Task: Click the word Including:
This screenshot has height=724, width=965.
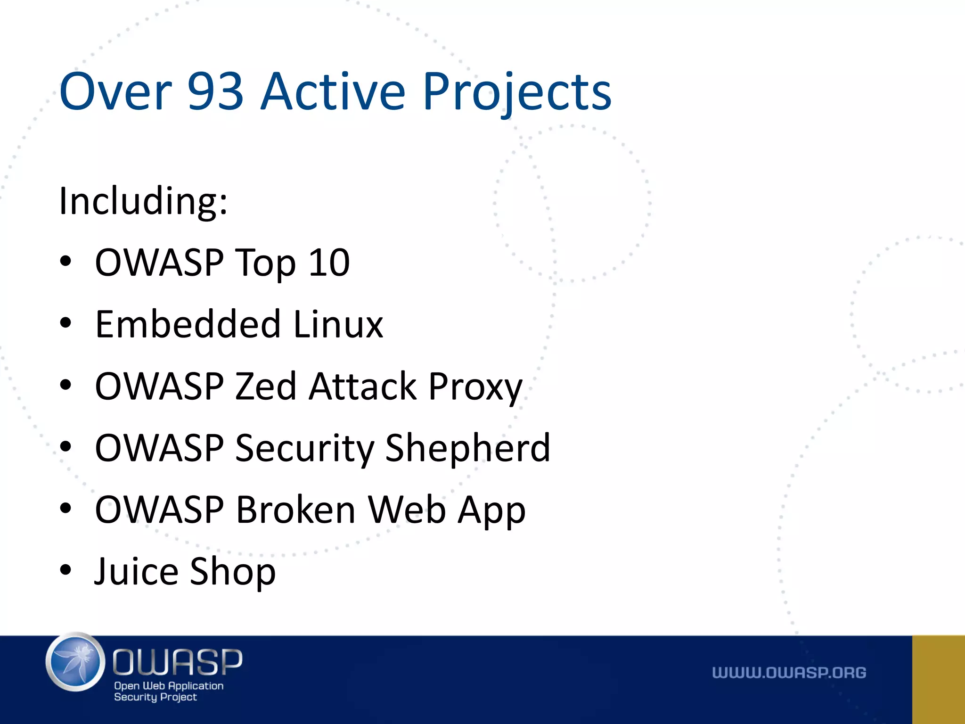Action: [x=143, y=201]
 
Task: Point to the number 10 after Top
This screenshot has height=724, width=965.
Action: [x=329, y=263]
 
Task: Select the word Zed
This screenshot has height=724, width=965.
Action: [x=265, y=386]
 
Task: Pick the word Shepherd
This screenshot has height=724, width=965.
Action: [x=467, y=448]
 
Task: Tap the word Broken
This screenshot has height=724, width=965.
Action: [x=295, y=510]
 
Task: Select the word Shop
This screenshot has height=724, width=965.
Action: [x=233, y=571]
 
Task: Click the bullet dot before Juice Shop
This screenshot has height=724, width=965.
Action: [x=65, y=570]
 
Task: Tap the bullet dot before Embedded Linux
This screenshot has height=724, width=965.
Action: [x=65, y=323]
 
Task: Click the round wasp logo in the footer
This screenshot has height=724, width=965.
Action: [x=75, y=662]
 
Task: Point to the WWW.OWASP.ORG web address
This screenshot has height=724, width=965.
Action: [x=789, y=673]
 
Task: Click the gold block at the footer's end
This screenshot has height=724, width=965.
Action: [x=938, y=679]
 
